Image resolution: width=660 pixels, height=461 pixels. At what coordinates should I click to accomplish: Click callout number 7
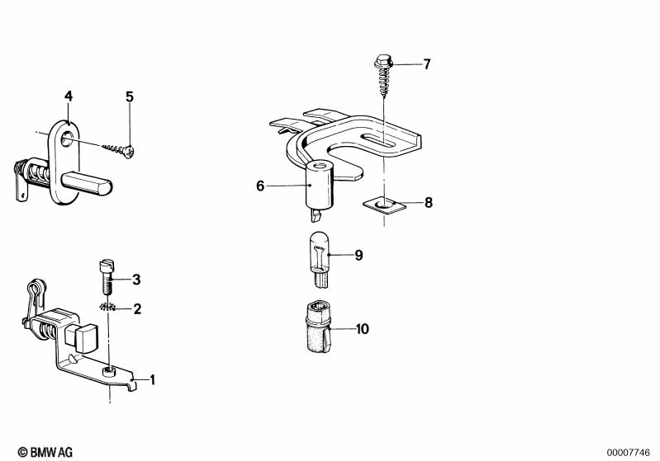[427, 64]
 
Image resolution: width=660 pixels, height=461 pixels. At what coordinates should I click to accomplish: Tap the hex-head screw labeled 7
[383, 75]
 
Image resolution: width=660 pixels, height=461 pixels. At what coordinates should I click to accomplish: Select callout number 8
[428, 203]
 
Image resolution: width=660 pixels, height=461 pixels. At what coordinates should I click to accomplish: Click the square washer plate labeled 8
[384, 205]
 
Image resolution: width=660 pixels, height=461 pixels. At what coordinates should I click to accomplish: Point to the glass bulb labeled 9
[320, 261]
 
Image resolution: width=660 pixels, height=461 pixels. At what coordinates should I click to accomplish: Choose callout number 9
[358, 255]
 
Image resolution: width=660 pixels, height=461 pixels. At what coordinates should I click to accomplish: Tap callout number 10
[363, 328]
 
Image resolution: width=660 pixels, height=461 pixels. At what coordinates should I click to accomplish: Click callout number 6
[260, 186]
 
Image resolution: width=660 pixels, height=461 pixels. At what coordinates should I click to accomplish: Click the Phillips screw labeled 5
[119, 149]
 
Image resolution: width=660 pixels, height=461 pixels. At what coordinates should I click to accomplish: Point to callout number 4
[69, 96]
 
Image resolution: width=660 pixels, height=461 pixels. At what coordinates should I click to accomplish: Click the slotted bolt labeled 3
[107, 278]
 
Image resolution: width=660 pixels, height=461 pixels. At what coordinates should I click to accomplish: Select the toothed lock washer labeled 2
[108, 307]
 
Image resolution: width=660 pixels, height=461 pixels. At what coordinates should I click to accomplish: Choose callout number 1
[152, 380]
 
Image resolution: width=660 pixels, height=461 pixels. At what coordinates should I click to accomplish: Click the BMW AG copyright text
[45, 452]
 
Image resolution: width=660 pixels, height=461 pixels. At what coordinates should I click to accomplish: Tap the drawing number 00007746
[629, 453]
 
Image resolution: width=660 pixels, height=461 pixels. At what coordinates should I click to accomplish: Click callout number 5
[129, 96]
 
